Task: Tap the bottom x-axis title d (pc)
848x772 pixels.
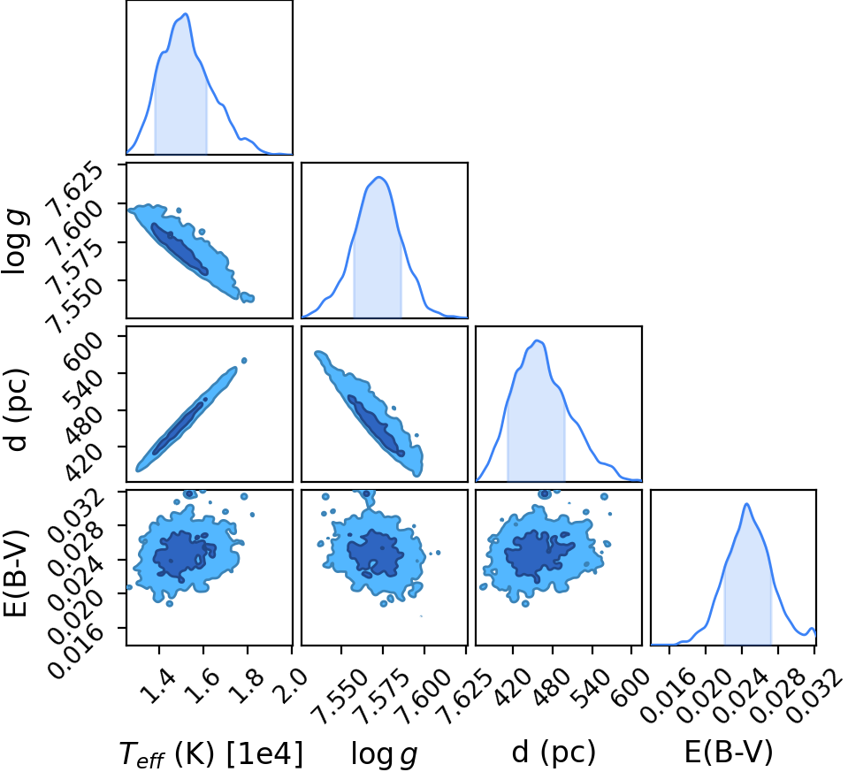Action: click(554, 752)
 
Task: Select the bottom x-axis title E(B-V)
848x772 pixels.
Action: click(729, 752)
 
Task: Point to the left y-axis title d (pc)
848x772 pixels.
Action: click(17, 409)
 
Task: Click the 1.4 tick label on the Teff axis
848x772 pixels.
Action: click(161, 684)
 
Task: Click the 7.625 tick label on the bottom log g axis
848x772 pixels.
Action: click(465, 695)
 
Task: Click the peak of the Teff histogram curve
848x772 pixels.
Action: click(186, 13)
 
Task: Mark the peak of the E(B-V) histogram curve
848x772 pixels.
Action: click(746, 504)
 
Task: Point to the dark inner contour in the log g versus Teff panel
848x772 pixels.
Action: click(179, 248)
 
